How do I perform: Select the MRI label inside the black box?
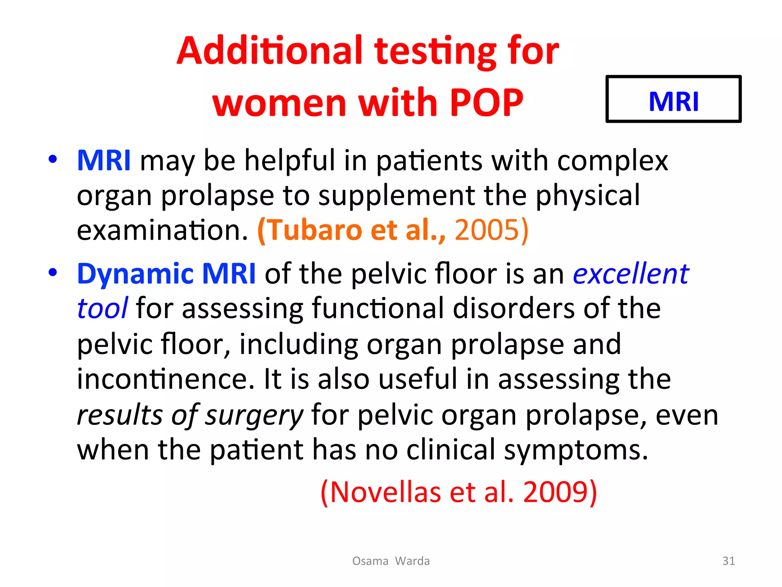coord(674,101)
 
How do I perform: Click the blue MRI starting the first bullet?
coord(104,161)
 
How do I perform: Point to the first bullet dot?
coord(53,159)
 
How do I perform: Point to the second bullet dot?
coord(53,272)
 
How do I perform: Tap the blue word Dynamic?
coord(135,274)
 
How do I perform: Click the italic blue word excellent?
coord(631,274)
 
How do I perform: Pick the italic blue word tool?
coord(102,308)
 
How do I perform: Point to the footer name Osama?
coord(370,561)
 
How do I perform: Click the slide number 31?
coord(729,561)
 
